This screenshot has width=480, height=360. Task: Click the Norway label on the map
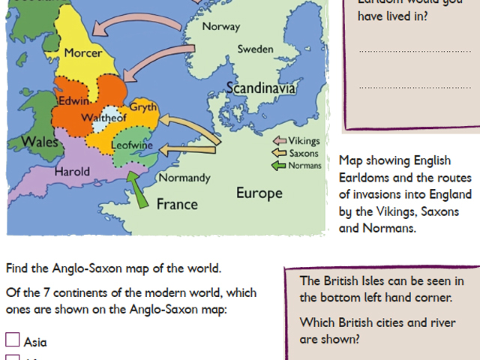pyautogui.click(x=222, y=27)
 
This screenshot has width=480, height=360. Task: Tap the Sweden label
pyautogui.click(x=255, y=49)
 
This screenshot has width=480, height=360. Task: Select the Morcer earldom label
pyautogui.click(x=82, y=53)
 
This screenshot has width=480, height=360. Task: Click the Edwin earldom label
pyautogui.click(x=74, y=100)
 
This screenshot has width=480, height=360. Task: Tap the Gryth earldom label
pyautogui.click(x=143, y=107)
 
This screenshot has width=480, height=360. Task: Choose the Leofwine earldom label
pyautogui.click(x=132, y=144)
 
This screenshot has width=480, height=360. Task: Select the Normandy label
pyautogui.click(x=184, y=178)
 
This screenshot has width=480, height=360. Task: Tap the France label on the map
pyautogui.click(x=177, y=203)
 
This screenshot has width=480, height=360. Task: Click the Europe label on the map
pyautogui.click(x=259, y=193)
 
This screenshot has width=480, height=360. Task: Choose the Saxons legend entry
pyautogui.click(x=304, y=153)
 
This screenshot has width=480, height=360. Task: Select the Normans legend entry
pyautogui.click(x=305, y=165)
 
